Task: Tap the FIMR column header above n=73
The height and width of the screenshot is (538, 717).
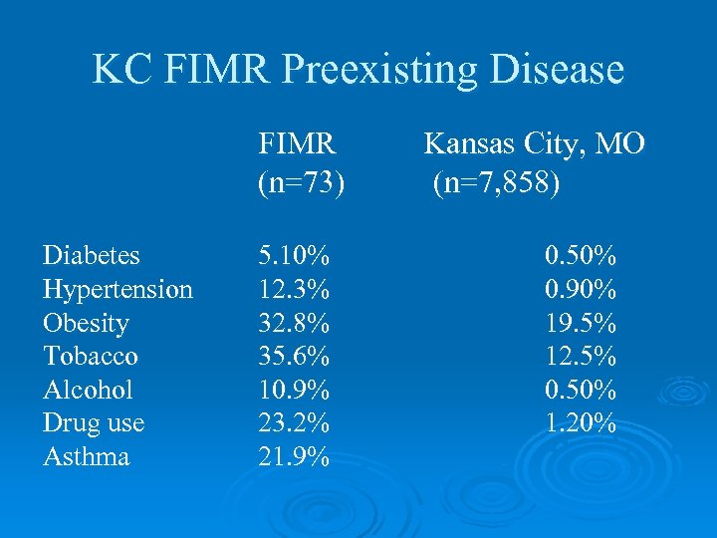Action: [x=297, y=144]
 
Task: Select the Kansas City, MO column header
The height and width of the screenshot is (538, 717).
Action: [x=534, y=144]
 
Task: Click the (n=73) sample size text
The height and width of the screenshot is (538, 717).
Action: [x=302, y=184]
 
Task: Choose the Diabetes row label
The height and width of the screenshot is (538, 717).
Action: [x=92, y=256]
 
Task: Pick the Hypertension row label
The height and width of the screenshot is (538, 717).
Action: [x=118, y=290]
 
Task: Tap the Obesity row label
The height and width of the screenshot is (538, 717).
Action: [x=86, y=324]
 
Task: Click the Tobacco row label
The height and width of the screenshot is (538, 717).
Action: [x=91, y=357]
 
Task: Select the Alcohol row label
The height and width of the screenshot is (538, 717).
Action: [x=88, y=390]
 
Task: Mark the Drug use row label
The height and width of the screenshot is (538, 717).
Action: [x=94, y=423]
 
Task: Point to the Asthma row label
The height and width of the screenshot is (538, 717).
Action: [x=86, y=457]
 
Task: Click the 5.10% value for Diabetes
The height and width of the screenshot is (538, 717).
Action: [x=295, y=256]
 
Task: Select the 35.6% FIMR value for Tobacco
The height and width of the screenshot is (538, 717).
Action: [x=295, y=357]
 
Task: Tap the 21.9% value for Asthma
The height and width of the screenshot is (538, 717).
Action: [x=295, y=457]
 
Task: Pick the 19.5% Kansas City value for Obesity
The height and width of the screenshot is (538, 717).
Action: [x=581, y=324]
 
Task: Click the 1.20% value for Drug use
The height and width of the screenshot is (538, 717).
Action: [x=581, y=423]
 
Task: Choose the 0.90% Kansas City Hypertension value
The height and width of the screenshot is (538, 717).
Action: [x=581, y=290]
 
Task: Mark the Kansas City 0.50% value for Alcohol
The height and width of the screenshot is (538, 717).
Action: [x=581, y=390]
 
